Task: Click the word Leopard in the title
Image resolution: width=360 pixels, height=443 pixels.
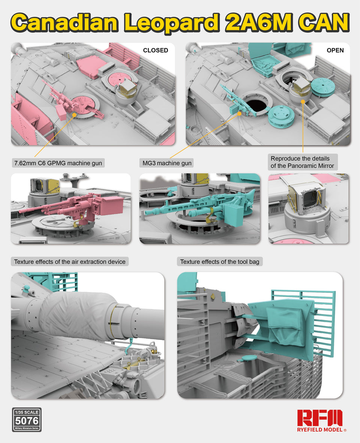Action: pos(172,22)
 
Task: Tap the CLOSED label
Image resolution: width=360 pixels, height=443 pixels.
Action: pos(155,50)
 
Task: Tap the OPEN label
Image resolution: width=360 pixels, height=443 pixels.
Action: pos(335,50)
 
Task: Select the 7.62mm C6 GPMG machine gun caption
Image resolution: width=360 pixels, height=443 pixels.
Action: pos(58,163)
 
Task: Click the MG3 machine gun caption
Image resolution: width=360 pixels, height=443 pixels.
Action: pos(167,163)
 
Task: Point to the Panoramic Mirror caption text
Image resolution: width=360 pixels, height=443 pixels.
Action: pos(302,162)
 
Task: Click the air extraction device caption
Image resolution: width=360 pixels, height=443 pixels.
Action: pos(70,262)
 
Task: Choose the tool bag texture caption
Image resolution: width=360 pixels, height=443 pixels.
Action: pos(220,262)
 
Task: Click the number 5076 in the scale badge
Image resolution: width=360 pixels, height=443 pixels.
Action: pos(27,421)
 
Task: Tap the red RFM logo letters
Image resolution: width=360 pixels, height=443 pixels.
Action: pos(320,418)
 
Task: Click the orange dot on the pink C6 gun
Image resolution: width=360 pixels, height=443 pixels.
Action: pos(74,114)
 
